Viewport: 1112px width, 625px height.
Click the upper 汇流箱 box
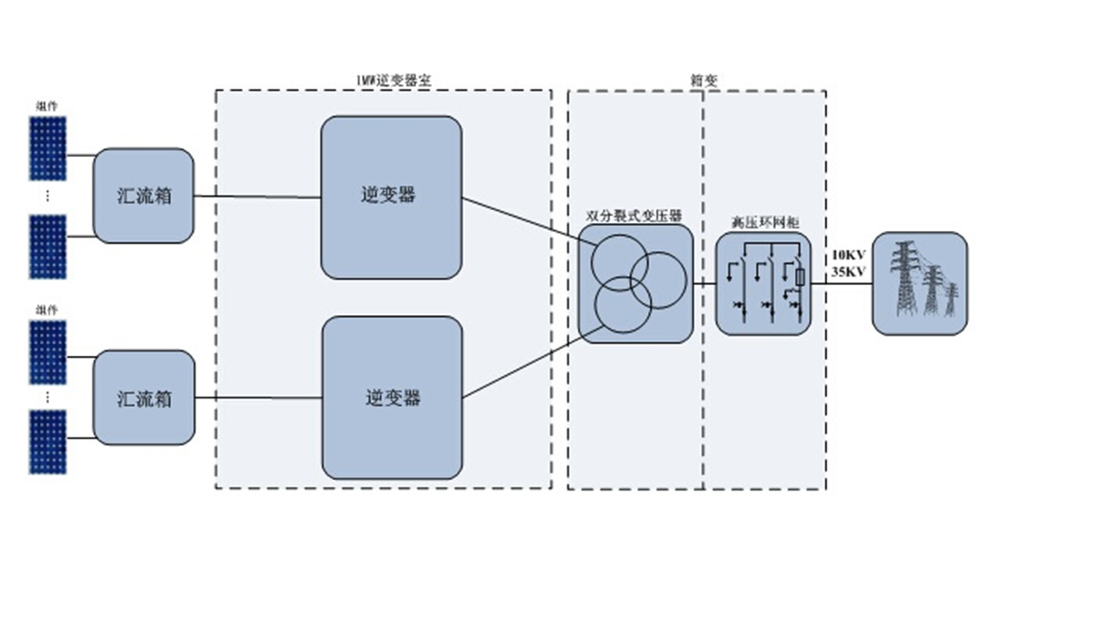pos(143,195)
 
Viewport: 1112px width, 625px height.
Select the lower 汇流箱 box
pos(143,398)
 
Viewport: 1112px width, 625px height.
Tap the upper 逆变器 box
pos(390,197)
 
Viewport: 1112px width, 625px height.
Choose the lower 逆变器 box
pos(392,398)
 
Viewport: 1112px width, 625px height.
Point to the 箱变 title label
pos(705,81)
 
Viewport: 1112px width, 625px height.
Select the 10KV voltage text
pos(849,256)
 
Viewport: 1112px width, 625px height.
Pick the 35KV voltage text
pos(849,272)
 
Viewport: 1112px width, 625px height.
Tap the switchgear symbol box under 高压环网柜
pos(763,283)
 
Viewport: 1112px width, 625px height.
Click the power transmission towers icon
pos(919,283)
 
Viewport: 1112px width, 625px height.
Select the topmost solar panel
pos(48,148)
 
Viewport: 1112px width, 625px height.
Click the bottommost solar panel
pos(48,443)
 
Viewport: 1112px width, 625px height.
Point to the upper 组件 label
pos(48,106)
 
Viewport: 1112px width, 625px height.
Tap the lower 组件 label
pos(48,310)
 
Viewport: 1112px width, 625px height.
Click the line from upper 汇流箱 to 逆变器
pos(257,197)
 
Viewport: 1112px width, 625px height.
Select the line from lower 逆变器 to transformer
pos(521,374)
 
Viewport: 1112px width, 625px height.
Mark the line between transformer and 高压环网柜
pos(705,284)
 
